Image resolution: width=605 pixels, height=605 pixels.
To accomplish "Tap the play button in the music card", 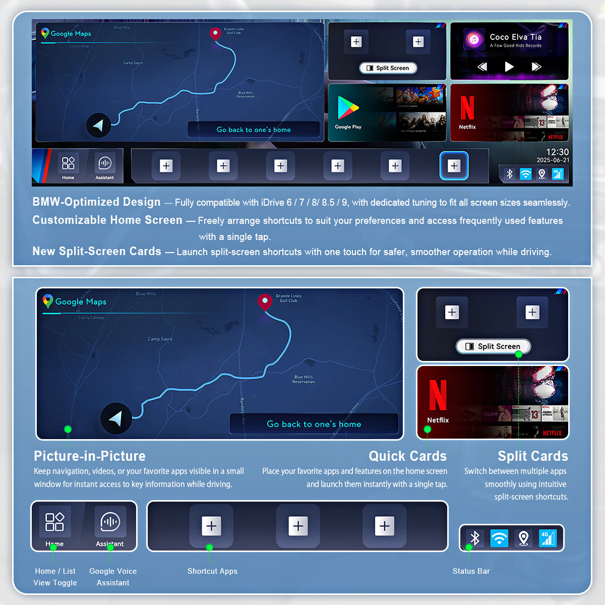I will point(509,67).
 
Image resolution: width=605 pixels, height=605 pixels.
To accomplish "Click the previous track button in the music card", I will point(482,67).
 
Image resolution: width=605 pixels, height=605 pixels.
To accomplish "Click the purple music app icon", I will point(473,39).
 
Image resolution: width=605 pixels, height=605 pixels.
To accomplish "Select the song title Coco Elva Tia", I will point(515,37).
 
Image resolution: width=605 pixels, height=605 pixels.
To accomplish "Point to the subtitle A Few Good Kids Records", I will point(515,45).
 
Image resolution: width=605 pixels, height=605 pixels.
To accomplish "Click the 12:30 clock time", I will point(557,152).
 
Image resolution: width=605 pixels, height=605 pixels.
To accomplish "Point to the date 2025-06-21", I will point(553,160).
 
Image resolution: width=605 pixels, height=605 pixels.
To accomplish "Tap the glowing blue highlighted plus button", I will point(454,166).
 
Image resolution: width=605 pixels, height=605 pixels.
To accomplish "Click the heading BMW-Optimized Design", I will point(96,202).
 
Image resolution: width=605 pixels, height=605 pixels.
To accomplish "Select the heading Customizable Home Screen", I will point(107,220).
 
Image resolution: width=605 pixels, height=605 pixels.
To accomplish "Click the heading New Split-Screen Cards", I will point(97,252).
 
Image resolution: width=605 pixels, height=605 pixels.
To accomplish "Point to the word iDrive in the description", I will point(272,203).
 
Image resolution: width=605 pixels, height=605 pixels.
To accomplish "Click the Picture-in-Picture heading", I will point(90,456).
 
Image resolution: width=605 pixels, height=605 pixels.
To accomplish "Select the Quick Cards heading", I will point(407,456).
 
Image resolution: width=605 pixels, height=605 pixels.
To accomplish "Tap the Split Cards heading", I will point(532,456).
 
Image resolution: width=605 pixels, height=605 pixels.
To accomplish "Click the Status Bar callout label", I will point(471,571).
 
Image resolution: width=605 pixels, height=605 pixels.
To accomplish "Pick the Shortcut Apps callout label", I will point(212,571).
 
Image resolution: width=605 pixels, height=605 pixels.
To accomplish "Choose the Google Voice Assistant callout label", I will point(113,577).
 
